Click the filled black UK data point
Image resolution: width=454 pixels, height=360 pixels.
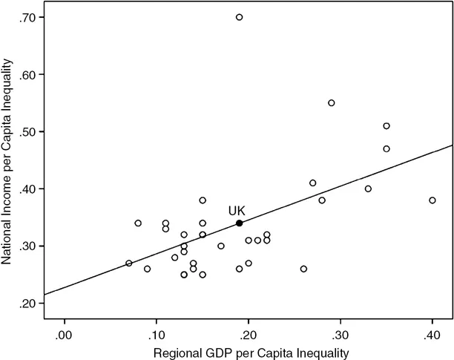239,223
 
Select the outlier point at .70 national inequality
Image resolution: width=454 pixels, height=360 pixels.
239,17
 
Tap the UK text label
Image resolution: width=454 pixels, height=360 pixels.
237,211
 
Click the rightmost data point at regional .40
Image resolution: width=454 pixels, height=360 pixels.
432,200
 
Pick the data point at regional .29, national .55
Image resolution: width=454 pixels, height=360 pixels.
332,103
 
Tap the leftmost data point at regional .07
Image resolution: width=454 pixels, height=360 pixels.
128,263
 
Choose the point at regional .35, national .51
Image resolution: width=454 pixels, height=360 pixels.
386,126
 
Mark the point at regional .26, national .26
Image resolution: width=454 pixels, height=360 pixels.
303,269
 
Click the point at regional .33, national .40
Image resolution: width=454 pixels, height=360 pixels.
368,189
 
